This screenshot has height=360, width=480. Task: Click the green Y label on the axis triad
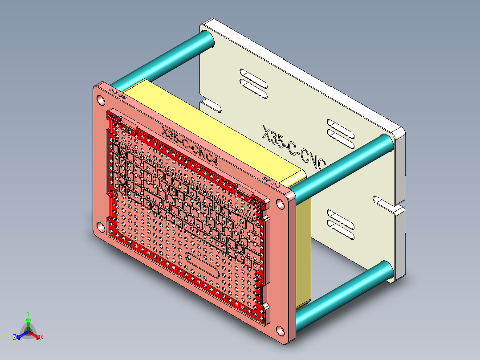[28, 313]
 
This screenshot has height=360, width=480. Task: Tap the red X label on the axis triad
[42, 338]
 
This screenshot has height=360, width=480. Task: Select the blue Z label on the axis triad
[15, 338]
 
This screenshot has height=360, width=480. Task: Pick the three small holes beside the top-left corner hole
[118, 93]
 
